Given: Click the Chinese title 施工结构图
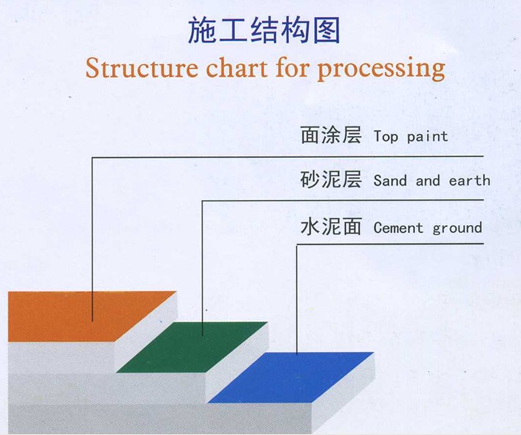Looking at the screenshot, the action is (264, 31).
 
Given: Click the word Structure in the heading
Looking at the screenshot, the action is (142, 68).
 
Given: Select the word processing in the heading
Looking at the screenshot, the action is (381, 70).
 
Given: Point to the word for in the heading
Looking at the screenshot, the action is (292, 68).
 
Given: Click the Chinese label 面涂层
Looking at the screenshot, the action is (331, 135).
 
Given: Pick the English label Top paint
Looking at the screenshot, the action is (411, 137).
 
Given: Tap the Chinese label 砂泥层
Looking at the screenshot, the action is (331, 179).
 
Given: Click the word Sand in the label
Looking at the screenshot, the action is (390, 180).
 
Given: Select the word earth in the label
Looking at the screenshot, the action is (470, 180).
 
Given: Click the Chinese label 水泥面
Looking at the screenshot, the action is (331, 226).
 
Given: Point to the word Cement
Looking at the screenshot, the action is (398, 228).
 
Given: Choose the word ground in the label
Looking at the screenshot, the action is (457, 229).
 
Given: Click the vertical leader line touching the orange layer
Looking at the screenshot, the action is (92, 239).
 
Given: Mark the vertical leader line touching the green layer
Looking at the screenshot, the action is (202, 268).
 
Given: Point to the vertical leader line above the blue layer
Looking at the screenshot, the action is (296, 299).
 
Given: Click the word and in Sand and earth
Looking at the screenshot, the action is (428, 180).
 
